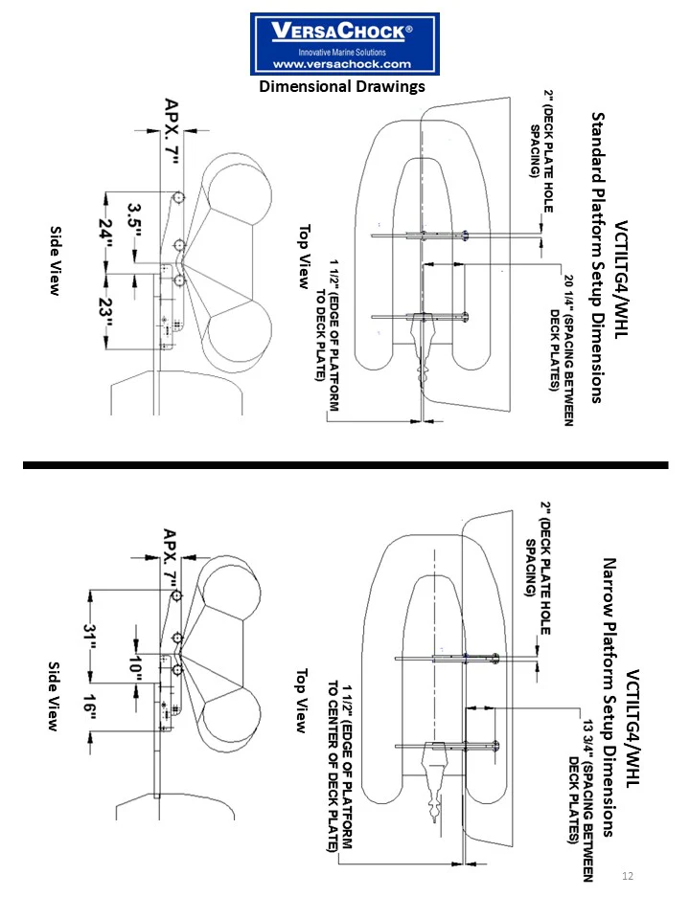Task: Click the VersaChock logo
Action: (x=344, y=44)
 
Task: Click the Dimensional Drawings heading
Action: (x=342, y=87)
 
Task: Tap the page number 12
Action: (x=627, y=876)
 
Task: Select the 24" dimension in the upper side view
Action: (x=106, y=234)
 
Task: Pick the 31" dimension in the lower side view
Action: (x=90, y=636)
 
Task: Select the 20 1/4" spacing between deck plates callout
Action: (x=561, y=349)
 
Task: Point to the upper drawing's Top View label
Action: (x=304, y=257)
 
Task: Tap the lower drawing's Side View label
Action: (x=53, y=696)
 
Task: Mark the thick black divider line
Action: (x=346, y=465)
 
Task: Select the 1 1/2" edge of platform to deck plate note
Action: (x=327, y=335)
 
